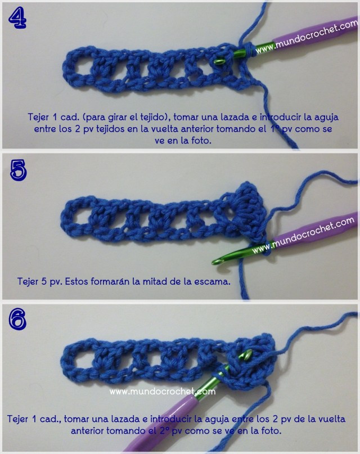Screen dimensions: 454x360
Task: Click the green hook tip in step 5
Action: tap(216, 259)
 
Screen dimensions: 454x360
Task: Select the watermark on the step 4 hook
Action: tap(307, 38)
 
